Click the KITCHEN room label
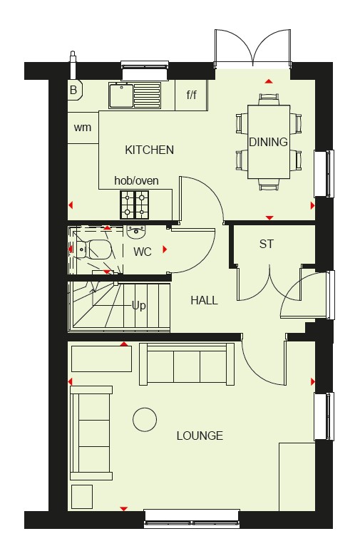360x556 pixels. (149, 150)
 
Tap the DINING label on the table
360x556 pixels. (268, 142)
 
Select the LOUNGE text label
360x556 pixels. (200, 436)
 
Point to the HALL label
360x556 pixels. (205, 300)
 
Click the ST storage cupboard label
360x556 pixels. (267, 244)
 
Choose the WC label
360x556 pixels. (143, 252)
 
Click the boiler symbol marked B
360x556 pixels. (74, 89)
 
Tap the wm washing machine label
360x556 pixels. (83, 128)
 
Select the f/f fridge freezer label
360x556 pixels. (192, 95)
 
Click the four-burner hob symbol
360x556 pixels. (135, 205)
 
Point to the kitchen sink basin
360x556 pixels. (121, 96)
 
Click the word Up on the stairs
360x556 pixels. (139, 306)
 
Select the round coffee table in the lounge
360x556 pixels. (145, 419)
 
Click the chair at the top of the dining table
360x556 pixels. (269, 99)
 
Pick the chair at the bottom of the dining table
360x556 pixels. (269, 185)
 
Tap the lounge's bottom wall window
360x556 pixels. (192, 519)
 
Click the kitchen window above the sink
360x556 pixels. (144, 71)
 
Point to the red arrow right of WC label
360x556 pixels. (165, 249)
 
